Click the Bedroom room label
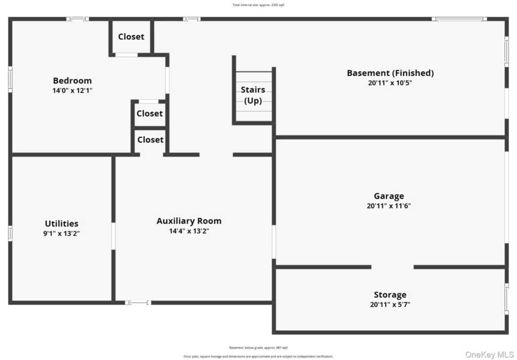pyautogui.click(x=72, y=80)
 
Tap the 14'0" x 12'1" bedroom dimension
pyautogui.click(x=72, y=90)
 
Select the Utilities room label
pyautogui.click(x=62, y=223)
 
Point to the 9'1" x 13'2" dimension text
pyautogui.click(x=62, y=233)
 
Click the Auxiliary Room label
pyautogui.click(x=189, y=221)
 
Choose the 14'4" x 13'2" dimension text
pyautogui.click(x=189, y=231)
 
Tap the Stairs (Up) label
pyautogui.click(x=253, y=95)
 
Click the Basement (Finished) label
pyautogui.click(x=390, y=73)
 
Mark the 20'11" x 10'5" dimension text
pyautogui.click(x=390, y=83)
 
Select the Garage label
pyautogui.click(x=389, y=196)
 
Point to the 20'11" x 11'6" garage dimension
pyautogui.click(x=389, y=206)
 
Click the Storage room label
pyautogui.click(x=390, y=295)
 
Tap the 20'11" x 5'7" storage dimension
pyautogui.click(x=390, y=304)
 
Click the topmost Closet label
pyautogui.click(x=131, y=36)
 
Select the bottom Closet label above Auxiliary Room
pyautogui.click(x=150, y=139)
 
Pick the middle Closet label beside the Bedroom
pyautogui.click(x=149, y=114)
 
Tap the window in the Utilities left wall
pyautogui.click(x=10, y=233)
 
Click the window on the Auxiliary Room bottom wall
pyautogui.click(x=138, y=302)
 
